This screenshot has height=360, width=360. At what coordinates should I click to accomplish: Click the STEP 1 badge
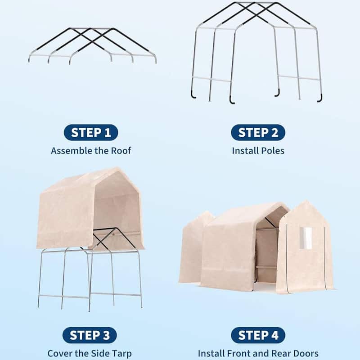tap(91, 132)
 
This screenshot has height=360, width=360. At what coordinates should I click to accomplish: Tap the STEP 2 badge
tap(258, 132)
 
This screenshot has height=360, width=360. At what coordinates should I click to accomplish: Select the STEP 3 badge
tap(91, 335)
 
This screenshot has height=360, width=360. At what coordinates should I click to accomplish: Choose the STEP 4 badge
tap(258, 335)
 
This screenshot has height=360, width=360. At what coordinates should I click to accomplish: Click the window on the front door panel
tap(306, 238)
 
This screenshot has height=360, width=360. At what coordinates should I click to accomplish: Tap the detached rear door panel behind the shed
tap(194, 247)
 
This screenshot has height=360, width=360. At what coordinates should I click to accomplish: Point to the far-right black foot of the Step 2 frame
tap(319, 99)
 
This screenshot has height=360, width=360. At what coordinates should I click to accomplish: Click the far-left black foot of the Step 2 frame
tap(192, 95)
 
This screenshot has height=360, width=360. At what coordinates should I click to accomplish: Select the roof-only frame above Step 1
tap(92, 45)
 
